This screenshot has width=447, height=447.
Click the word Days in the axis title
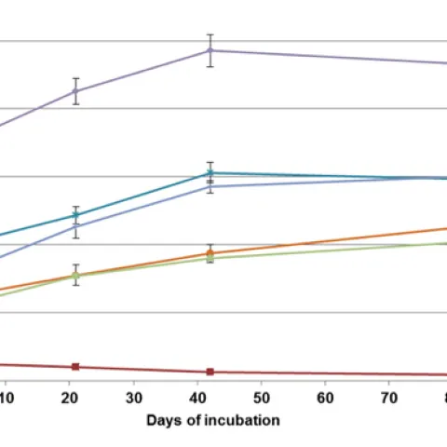click(x=161, y=420)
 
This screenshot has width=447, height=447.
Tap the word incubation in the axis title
click(x=244, y=420)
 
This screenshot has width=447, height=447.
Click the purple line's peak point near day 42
click(x=210, y=50)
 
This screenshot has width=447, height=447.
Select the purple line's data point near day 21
click(x=76, y=91)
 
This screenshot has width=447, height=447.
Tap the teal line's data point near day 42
click(x=210, y=172)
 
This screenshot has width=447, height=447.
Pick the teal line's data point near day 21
click(x=76, y=215)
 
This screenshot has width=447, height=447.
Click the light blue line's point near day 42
click(x=210, y=186)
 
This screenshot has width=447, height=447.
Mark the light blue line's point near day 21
click(x=76, y=226)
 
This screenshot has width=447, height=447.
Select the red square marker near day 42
click(x=210, y=372)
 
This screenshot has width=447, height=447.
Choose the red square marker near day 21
click(x=76, y=366)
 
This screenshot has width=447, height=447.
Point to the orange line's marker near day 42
click(x=210, y=253)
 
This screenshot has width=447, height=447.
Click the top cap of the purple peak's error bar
click(x=210, y=34)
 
